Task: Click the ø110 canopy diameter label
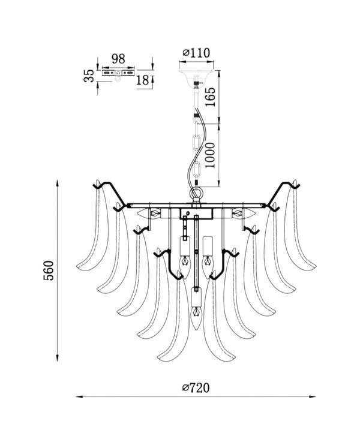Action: click(x=196, y=53)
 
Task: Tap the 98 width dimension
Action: click(x=118, y=59)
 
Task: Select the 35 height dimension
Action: click(x=89, y=76)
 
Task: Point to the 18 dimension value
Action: click(x=142, y=80)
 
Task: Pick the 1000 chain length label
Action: click(x=210, y=155)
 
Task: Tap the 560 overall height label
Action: click(x=48, y=270)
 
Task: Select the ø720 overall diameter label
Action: click(x=196, y=388)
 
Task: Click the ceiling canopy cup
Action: click(x=196, y=74)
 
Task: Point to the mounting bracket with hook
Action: click(x=118, y=74)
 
